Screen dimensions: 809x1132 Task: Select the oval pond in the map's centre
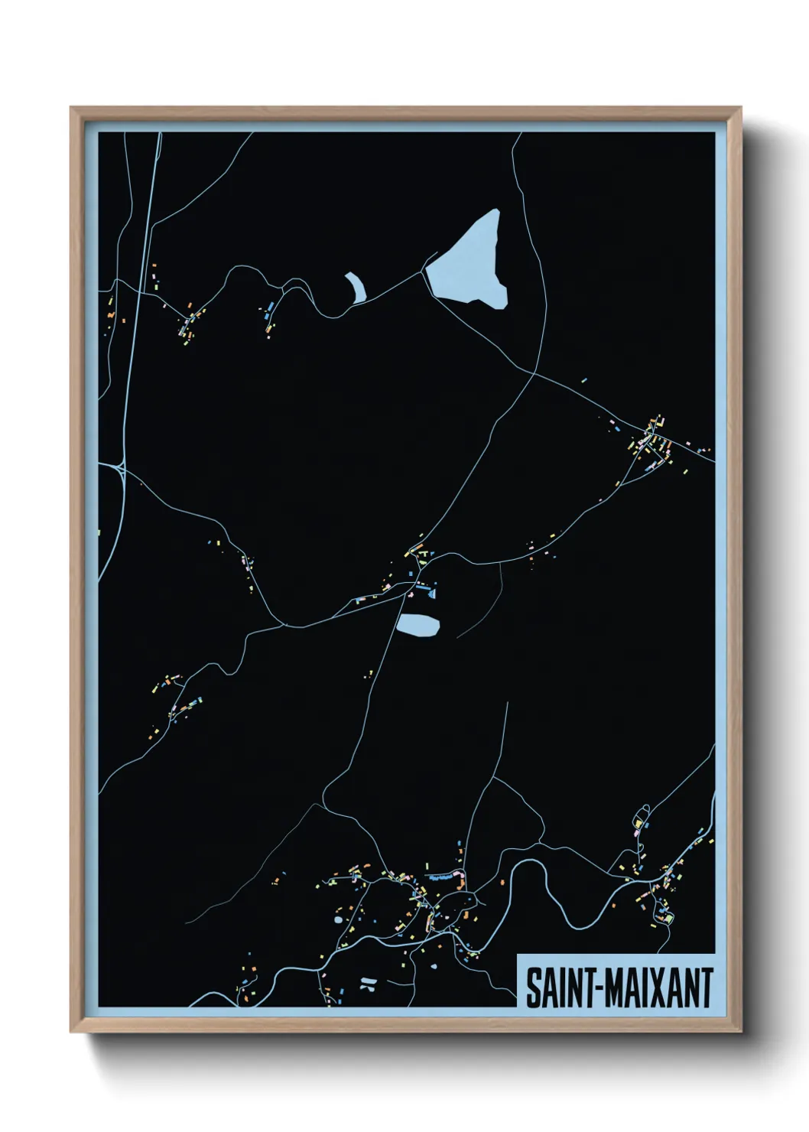417,625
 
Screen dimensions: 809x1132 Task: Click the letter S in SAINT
532,988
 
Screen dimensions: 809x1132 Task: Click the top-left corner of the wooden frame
72,109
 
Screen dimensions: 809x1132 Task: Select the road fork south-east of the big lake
534,373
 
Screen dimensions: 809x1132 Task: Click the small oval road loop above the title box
642,812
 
